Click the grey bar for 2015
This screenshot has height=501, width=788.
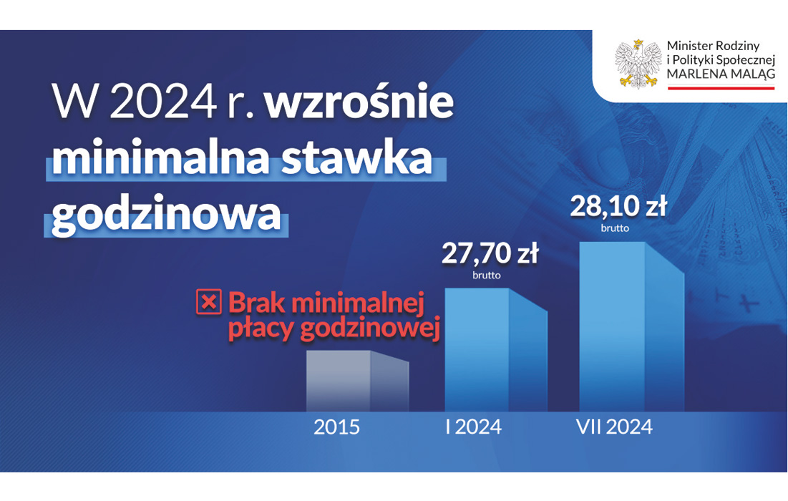tap(357, 381)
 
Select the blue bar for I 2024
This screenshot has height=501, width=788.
tap(496, 350)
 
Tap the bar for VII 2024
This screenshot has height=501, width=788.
tap(632, 326)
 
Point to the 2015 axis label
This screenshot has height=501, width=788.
tap(336, 427)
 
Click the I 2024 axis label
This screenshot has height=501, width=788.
tap(473, 427)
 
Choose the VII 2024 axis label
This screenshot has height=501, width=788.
tap(614, 427)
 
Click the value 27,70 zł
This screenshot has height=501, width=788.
tap(490, 253)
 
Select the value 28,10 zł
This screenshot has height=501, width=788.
tap(618, 207)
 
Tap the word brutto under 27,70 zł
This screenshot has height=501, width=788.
tap(487, 276)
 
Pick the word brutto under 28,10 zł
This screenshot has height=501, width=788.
tap(615, 228)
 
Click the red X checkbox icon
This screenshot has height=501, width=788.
tap(208, 302)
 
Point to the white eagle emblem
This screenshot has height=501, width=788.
tap(638, 64)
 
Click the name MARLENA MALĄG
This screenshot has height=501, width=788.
tap(721, 74)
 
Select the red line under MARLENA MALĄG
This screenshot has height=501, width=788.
tap(721, 88)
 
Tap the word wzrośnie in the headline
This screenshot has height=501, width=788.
tap(359, 102)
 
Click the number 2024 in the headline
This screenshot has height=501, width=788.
tap(163, 102)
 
